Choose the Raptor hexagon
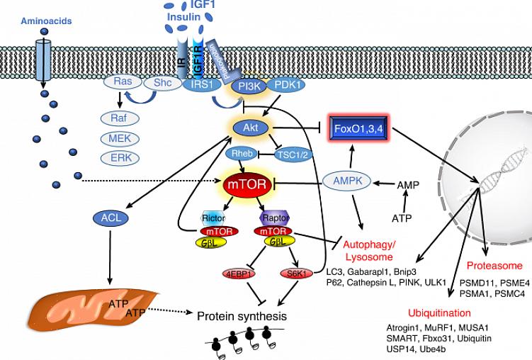coord(273,218)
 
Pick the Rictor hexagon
coord(213,218)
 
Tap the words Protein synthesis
coord(242,315)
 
